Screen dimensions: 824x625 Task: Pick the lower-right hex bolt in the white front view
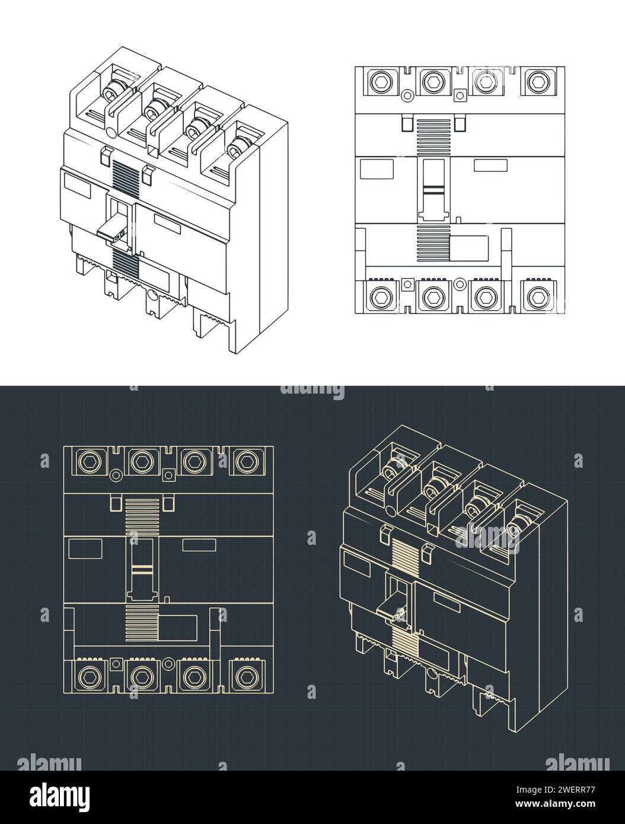point(538,295)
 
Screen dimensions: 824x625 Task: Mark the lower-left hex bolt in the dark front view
point(90,675)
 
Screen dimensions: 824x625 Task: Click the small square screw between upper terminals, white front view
point(460,94)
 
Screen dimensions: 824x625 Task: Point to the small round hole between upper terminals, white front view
point(407,95)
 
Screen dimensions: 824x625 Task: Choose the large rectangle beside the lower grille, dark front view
point(178,628)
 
